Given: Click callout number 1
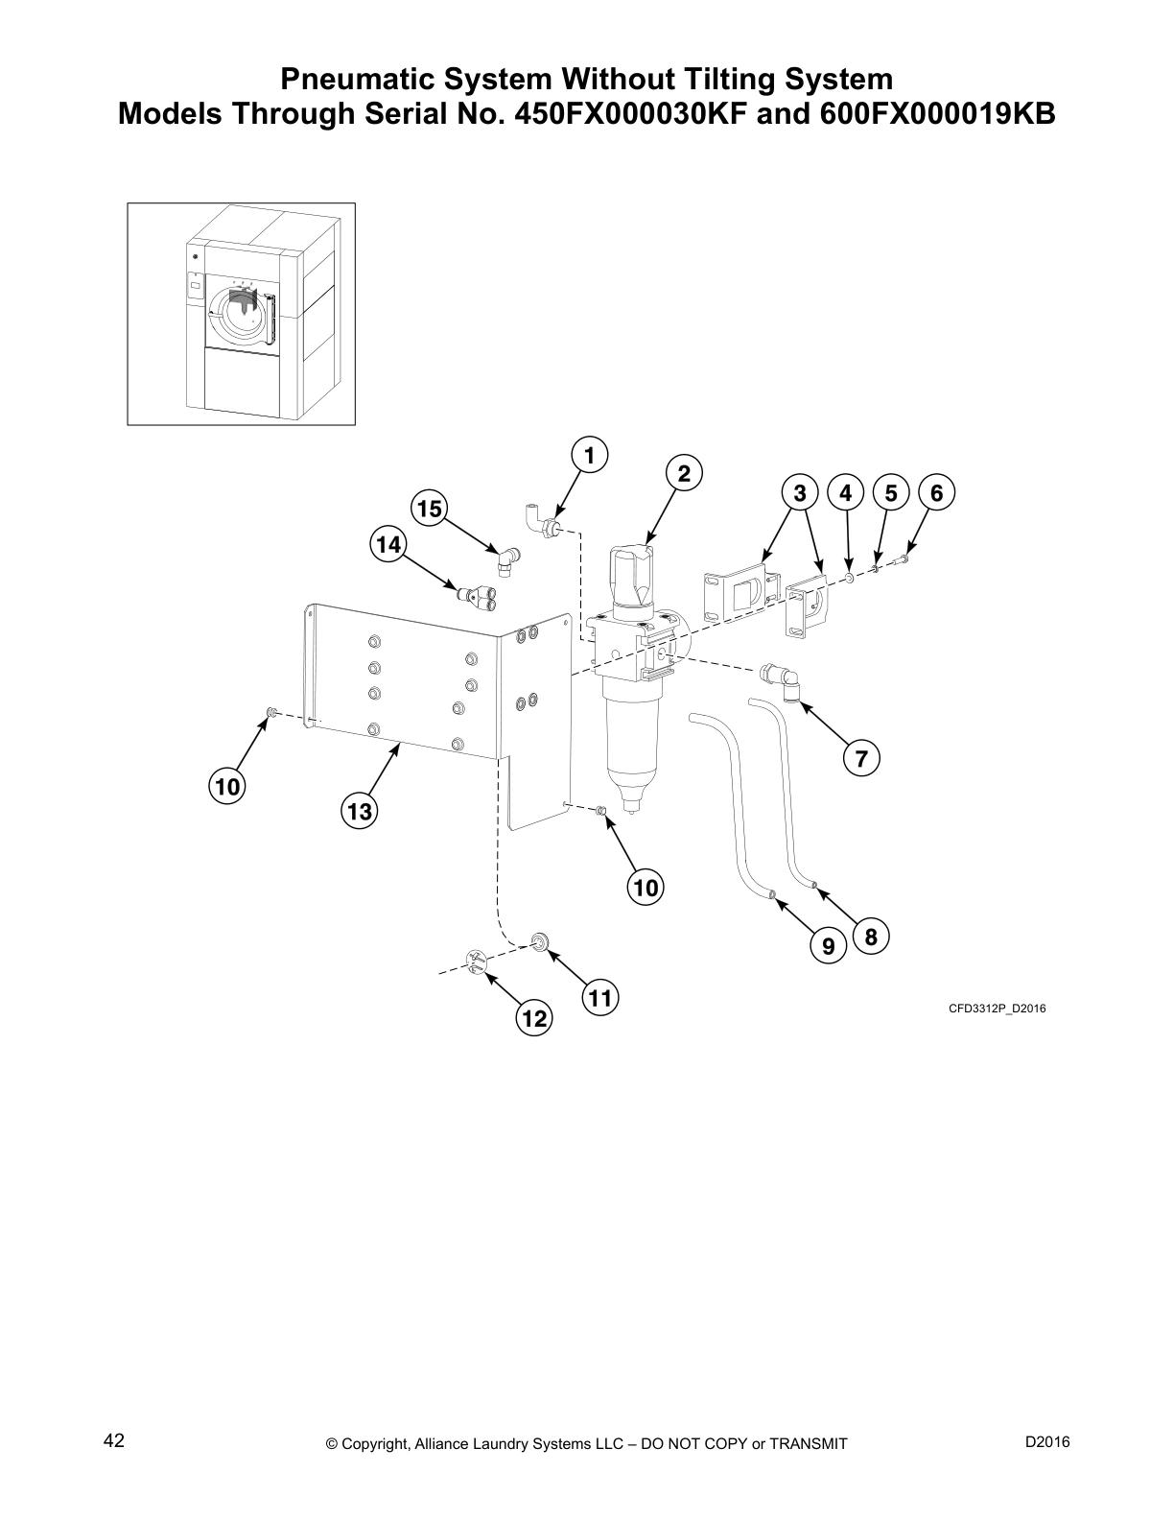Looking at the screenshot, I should click(590, 455).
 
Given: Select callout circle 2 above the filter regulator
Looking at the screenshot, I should click(684, 474).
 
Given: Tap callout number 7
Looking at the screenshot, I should click(861, 759).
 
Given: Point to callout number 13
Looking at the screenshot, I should click(359, 812).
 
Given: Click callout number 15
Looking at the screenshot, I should click(431, 508).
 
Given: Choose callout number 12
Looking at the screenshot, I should click(534, 1018).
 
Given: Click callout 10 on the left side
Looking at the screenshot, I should click(227, 788).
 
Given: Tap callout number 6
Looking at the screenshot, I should click(937, 493).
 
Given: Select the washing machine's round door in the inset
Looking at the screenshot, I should click(236, 314).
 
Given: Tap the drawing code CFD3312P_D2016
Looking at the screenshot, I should click(997, 1009).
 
